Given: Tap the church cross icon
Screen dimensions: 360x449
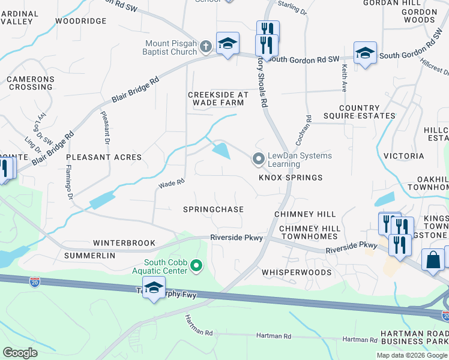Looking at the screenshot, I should tap(205, 46).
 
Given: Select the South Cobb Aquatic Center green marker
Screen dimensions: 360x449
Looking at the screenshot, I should tap(196, 265).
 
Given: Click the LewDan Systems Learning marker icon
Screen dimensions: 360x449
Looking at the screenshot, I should tap(259, 159).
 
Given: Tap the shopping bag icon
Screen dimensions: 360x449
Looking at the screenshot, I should tap(433, 260).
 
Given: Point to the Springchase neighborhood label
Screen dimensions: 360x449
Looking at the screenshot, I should tap(214, 209).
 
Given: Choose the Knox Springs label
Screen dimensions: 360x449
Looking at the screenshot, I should tap(291, 178).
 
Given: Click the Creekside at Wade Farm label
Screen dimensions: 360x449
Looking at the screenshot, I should tap(218, 99).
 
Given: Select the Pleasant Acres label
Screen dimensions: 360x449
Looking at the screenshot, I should tap(104, 157).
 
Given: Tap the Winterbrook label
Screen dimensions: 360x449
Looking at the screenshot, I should tap(121, 244).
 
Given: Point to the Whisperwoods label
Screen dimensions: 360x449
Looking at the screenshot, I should tap(297, 272).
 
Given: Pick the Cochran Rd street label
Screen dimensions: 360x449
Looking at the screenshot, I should tap(303, 130).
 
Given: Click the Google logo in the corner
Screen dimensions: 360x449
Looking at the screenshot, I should tap(20, 353).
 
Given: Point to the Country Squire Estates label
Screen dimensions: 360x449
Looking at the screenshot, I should tap(359, 112).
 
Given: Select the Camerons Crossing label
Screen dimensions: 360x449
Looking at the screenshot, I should tap(31, 83).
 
